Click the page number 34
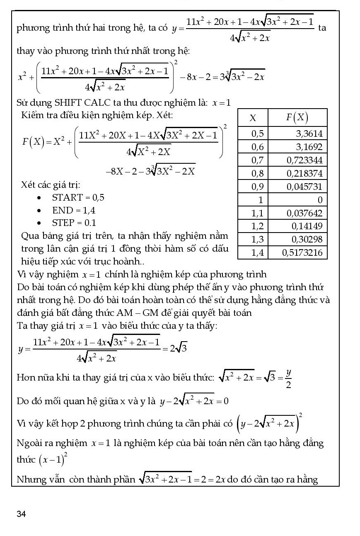click(21, 514)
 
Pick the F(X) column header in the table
click(297, 118)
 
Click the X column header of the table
click(253, 118)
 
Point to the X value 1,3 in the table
click(258, 239)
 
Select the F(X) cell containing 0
click(319, 200)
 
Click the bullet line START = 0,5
click(78, 197)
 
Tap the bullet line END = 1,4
click(73, 210)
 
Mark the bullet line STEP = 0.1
click(74, 223)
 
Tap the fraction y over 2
click(288, 378)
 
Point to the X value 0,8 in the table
click(258, 173)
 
